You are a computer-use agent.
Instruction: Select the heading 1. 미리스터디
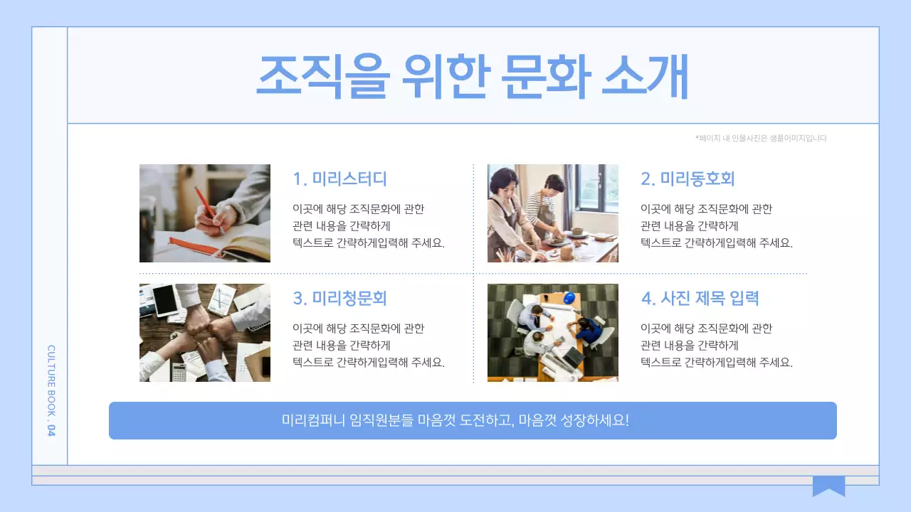click(340, 178)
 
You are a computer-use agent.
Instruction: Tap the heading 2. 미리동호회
click(688, 178)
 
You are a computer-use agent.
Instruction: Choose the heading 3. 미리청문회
click(340, 298)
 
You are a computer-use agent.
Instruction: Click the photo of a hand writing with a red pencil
click(205, 213)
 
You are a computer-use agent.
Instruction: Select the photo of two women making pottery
click(552, 213)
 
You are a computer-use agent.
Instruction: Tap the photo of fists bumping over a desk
click(205, 333)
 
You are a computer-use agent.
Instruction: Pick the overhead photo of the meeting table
click(552, 333)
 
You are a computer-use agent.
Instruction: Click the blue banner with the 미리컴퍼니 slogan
click(473, 420)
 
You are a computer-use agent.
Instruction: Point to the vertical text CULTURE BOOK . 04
click(51, 391)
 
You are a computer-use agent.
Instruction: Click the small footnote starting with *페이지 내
click(761, 139)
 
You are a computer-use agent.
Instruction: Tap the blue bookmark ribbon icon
click(828, 486)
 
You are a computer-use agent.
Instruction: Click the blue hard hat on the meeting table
click(569, 297)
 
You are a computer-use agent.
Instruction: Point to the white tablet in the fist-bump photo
click(165, 300)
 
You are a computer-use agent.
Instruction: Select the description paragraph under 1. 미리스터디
click(369, 225)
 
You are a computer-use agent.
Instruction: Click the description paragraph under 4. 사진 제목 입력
click(716, 345)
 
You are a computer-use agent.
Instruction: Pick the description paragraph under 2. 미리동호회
click(716, 225)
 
